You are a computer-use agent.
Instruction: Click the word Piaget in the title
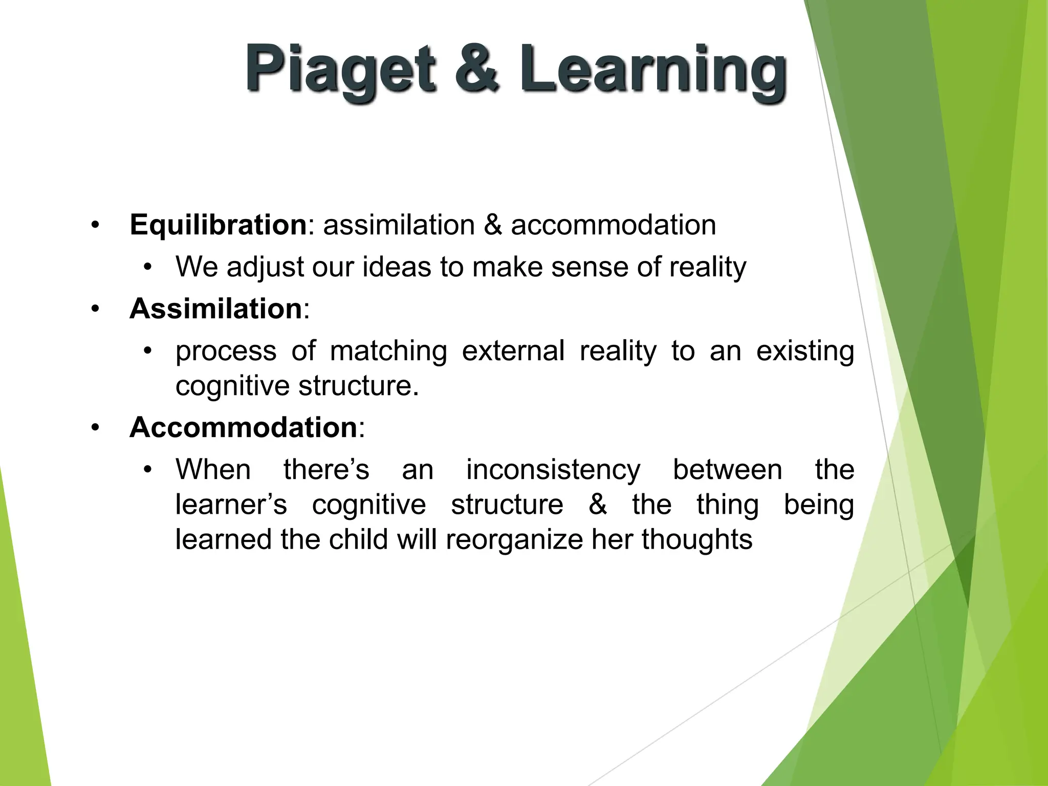[340, 69]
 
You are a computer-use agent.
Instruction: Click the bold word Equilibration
[218, 225]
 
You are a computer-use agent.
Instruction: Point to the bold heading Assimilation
[215, 309]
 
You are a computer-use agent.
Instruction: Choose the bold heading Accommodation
[243, 427]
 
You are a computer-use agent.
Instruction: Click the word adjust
[266, 267]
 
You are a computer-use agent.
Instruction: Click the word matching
[388, 352]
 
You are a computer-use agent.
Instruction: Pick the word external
[513, 352]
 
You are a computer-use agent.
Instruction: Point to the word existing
[805, 352]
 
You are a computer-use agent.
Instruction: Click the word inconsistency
[553, 470]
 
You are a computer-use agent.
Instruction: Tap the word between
[727, 470]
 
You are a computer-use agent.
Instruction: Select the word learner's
[231, 505]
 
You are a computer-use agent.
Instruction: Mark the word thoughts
[697, 539]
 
